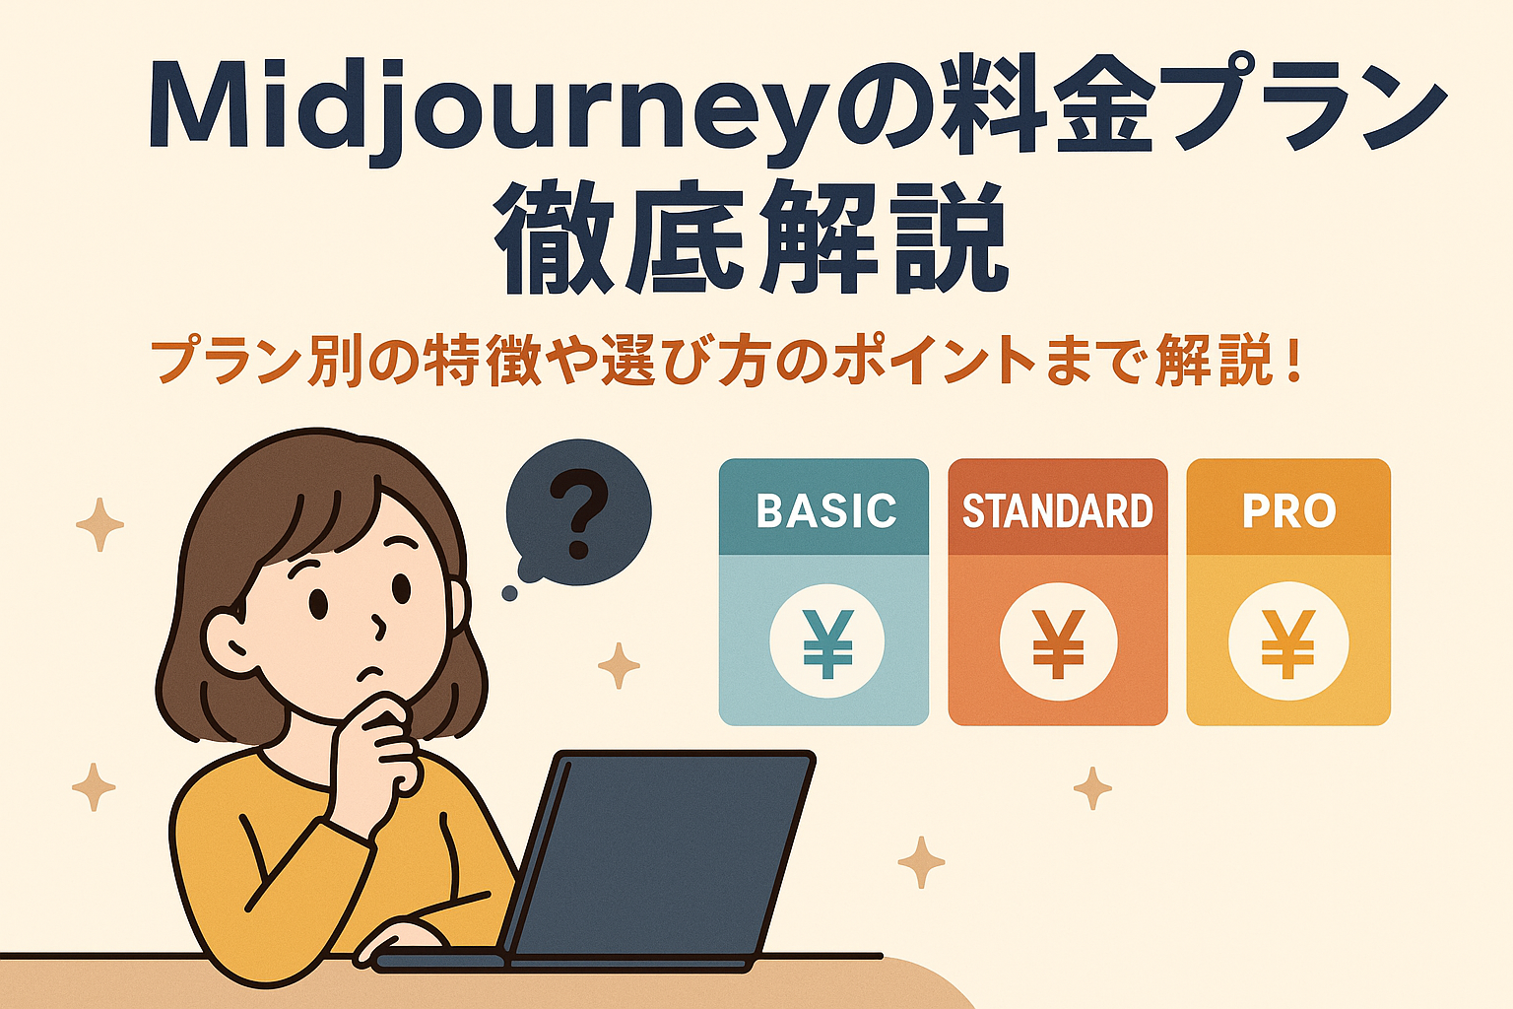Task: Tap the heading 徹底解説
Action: (752, 236)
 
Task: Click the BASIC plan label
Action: (826, 511)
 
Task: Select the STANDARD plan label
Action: (1058, 511)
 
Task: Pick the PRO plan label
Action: (1288, 511)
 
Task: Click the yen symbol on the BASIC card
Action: (827, 643)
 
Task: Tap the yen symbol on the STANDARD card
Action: (1059, 643)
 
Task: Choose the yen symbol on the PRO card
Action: (1288, 643)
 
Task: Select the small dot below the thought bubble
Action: (510, 593)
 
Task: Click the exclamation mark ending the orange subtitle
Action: (1293, 363)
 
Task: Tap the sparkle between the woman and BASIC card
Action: (619, 666)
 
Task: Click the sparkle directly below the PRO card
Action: (1092, 788)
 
